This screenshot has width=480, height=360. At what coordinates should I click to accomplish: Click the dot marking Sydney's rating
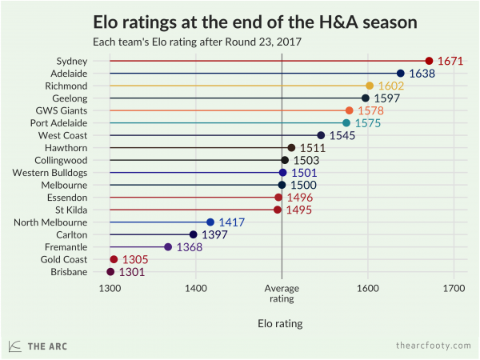pyautogui.click(x=429, y=61)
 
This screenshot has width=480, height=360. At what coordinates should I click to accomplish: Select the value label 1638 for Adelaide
pyautogui.click(x=422, y=74)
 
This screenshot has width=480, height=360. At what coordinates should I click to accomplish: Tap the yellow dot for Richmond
pyautogui.click(x=370, y=86)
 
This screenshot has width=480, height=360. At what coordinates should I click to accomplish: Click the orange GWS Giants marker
pyautogui.click(x=349, y=110)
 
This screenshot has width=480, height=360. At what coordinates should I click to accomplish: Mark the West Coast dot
pyautogui.click(x=321, y=135)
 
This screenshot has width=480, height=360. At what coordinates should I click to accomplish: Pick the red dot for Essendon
pyautogui.click(x=278, y=197)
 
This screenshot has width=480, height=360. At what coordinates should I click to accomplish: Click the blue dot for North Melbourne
pyautogui.click(x=210, y=222)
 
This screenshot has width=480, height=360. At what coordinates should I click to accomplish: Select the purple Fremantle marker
pyautogui.click(x=168, y=247)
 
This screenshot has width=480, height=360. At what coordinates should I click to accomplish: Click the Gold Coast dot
pyautogui.click(x=114, y=259)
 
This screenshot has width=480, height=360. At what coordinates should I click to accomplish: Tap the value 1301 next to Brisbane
pyautogui.click(x=132, y=272)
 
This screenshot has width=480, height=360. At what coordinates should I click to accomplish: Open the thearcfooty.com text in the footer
pyautogui.click(x=433, y=345)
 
